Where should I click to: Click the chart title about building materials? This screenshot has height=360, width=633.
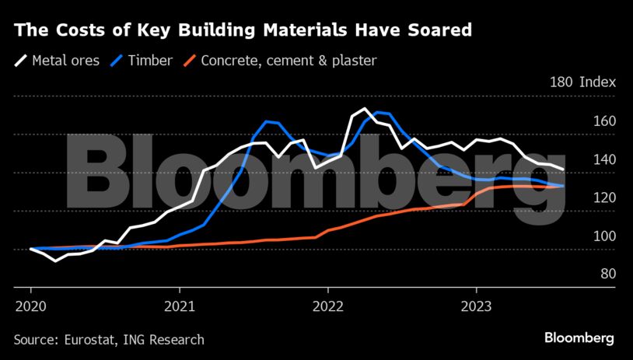pyautogui.click(x=243, y=30)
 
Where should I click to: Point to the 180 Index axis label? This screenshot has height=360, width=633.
pyautogui.click(x=582, y=82)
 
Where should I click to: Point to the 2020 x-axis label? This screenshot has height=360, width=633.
pyautogui.click(x=30, y=305)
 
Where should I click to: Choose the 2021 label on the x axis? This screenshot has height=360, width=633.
pyautogui.click(x=179, y=305)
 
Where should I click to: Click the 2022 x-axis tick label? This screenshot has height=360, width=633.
pyautogui.click(x=327, y=305)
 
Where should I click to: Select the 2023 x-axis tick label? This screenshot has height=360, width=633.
pyautogui.click(x=476, y=305)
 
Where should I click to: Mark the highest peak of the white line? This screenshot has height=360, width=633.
pyautogui.click(x=365, y=109)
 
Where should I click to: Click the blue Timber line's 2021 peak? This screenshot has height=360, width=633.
pyautogui.click(x=267, y=122)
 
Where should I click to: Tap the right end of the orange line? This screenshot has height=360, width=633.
pyautogui.click(x=562, y=186)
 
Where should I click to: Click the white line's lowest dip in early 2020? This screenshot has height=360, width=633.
pyautogui.click(x=55, y=260)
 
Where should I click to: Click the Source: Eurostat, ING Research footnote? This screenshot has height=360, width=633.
pyautogui.click(x=109, y=339)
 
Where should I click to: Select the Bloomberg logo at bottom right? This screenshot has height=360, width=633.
pyautogui.click(x=579, y=338)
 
